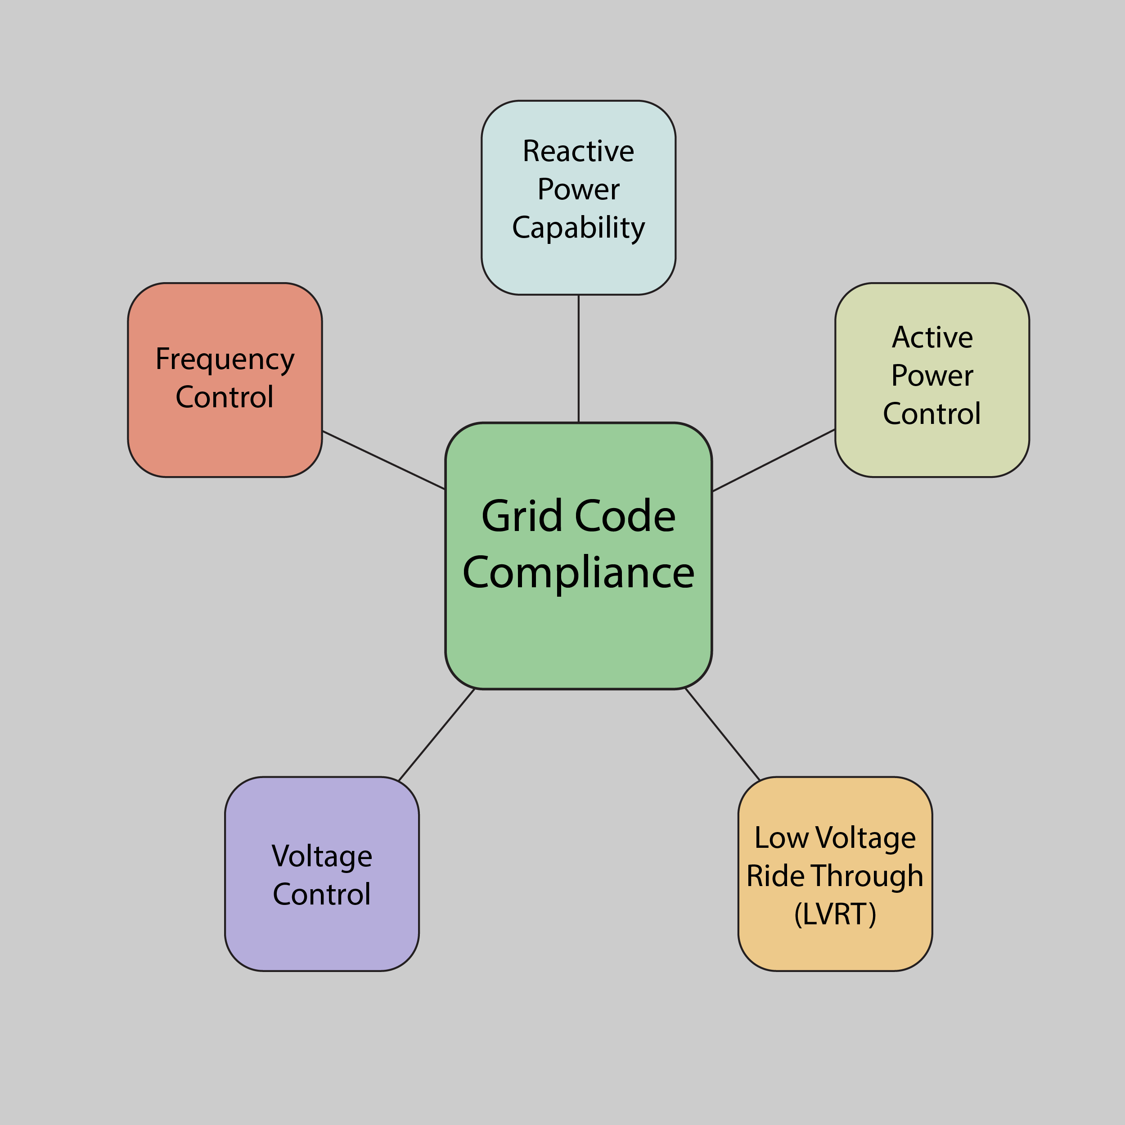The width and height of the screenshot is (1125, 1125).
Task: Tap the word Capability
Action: pos(578,228)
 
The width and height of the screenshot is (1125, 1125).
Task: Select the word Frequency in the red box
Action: pos(225,359)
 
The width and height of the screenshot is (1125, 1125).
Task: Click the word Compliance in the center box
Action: pos(578,573)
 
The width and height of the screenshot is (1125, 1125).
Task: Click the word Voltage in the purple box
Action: pos(321,856)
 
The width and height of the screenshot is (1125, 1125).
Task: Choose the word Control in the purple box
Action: pos(321,895)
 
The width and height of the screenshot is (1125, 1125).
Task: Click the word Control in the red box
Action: pos(225,397)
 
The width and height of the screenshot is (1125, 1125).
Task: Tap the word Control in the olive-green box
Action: pos(931,414)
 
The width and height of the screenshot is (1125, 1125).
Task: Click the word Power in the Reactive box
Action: pos(578,189)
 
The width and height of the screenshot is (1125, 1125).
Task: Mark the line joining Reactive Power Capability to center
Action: pos(578,358)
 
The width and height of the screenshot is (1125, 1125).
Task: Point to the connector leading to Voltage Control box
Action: pos(436,735)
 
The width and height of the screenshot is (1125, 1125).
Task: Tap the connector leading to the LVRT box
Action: pos(723,735)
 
